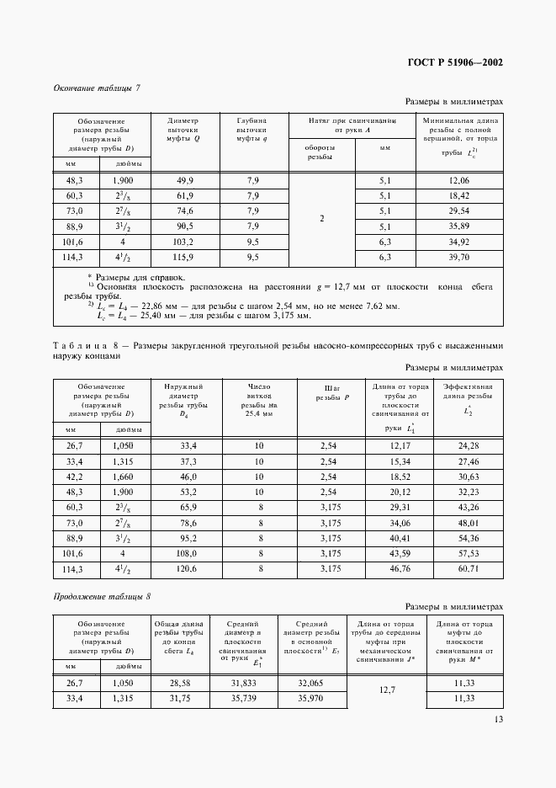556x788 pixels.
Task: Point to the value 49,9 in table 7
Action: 184,181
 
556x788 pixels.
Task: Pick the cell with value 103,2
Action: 184,242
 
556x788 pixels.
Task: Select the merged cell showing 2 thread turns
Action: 322,219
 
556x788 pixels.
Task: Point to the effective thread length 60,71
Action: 468,570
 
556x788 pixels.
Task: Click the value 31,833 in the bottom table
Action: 242,684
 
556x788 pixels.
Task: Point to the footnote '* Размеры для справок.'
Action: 127,277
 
